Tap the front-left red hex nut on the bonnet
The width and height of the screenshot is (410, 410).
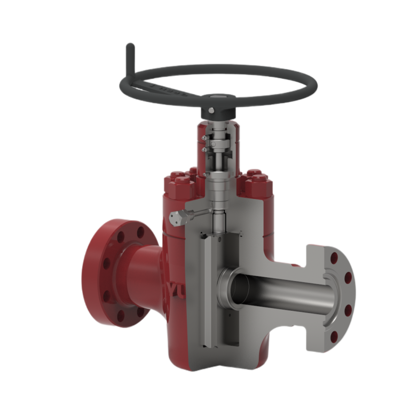click(x=179, y=184)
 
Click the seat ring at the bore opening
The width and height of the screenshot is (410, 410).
click(x=228, y=288)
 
